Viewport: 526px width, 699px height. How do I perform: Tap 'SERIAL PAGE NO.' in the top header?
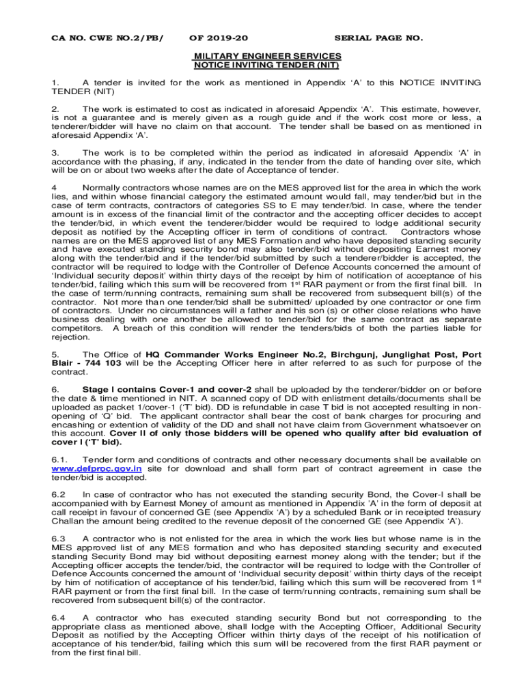coord(378,38)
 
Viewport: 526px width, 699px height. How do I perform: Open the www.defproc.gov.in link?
coord(97,469)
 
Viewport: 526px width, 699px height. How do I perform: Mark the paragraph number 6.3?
coord(59,538)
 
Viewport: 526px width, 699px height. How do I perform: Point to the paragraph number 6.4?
coord(59,617)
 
